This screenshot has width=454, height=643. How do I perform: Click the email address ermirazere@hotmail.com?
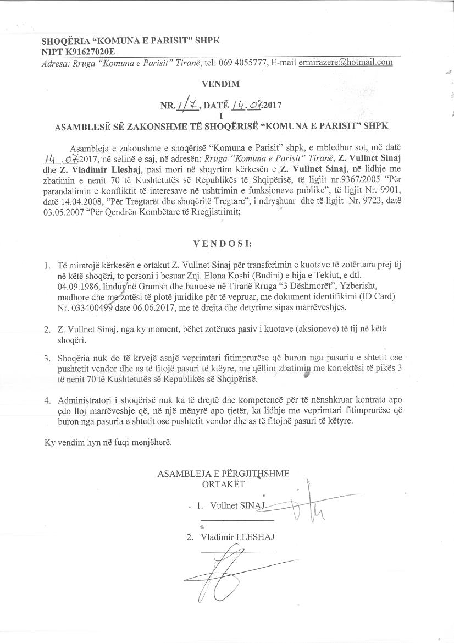(346, 62)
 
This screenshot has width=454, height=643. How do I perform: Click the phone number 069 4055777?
(244, 62)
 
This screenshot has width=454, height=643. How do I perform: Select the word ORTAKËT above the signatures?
(223, 485)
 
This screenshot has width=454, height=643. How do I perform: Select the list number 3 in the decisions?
(47, 358)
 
